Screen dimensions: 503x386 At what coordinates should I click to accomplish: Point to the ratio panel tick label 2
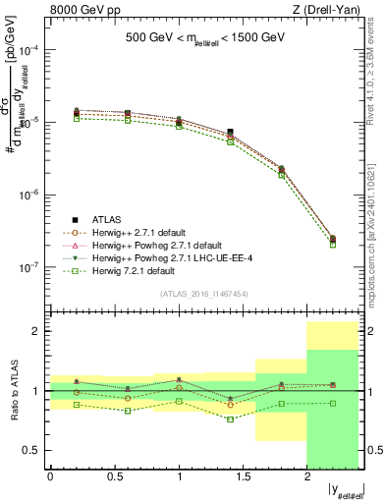point(37,331)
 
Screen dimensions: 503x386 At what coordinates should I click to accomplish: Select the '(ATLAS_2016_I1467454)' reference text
point(204,294)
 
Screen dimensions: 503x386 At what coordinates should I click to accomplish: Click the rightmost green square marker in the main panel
point(332,245)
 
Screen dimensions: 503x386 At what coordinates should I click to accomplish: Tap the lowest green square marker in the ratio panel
point(230,419)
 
